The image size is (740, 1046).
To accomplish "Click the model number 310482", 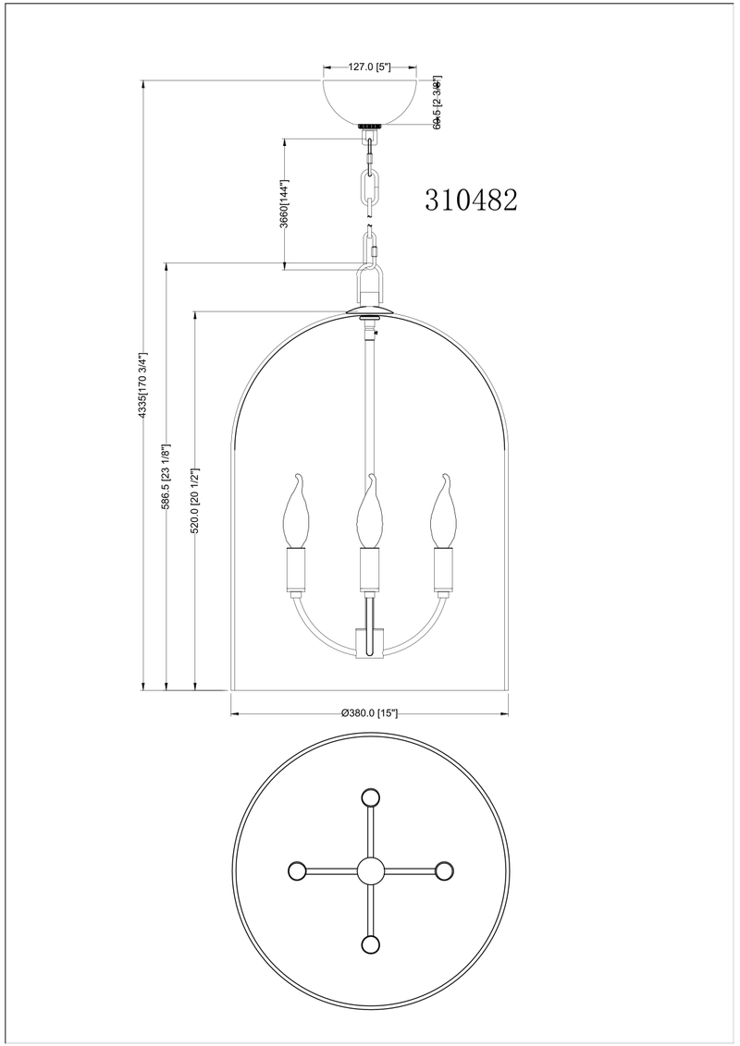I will tap(471, 200).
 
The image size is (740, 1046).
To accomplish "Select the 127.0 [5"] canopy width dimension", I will tap(369, 67).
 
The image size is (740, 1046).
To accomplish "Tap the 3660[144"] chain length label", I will tap(286, 204).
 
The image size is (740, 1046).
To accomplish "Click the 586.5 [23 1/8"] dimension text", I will tap(166, 477).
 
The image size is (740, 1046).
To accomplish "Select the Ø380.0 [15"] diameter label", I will tap(369, 712).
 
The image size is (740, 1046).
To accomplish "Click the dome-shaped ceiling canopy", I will tap(369, 100).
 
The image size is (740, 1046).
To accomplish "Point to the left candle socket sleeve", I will tap(298, 569).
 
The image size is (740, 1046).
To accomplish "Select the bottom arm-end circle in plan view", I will tap(370, 944).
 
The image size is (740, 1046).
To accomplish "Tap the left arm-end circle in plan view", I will tap(297, 870).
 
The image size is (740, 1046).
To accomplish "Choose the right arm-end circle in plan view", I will tap(443, 870).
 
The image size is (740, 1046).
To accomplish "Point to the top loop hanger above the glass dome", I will tap(370, 281).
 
